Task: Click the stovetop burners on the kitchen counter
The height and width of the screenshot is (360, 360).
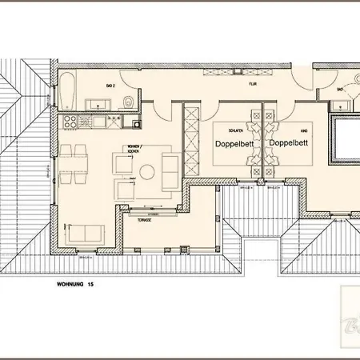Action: (x=69, y=122)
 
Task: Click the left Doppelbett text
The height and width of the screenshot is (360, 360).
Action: (x=233, y=143)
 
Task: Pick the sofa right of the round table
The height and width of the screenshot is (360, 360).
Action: (x=171, y=170)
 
